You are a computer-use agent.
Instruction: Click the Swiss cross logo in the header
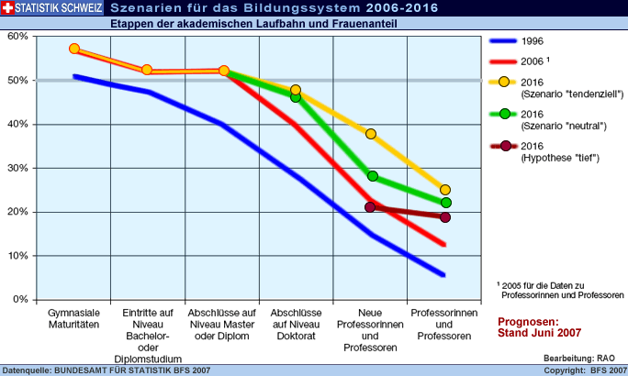(x=8, y=8)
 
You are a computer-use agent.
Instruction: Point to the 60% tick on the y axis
(x=17, y=37)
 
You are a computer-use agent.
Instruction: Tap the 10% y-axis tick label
(x=17, y=256)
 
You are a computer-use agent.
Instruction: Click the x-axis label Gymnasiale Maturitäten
(x=74, y=318)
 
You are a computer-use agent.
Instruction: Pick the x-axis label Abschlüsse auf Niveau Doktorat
(x=296, y=318)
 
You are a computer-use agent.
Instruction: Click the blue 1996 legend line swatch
(x=503, y=42)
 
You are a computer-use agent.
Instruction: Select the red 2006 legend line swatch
(x=503, y=61)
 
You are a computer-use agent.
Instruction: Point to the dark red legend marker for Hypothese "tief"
(x=504, y=146)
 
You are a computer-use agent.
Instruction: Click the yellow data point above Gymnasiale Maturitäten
(x=74, y=49)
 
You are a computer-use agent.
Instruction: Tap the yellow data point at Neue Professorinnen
(x=371, y=134)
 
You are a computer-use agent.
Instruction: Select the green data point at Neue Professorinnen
(x=372, y=176)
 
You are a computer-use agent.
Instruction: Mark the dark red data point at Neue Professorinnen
(x=370, y=207)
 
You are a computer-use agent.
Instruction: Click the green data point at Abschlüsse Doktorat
(x=296, y=97)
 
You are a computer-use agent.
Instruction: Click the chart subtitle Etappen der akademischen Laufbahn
(x=252, y=23)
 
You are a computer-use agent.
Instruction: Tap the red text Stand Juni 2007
(x=540, y=334)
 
